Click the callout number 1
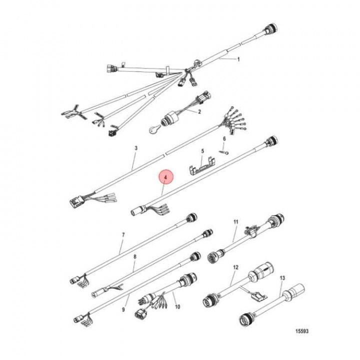pyautogui.click(x=238, y=59)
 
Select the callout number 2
pyautogui.click(x=199, y=111)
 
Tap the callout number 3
pyautogui.click(x=135, y=148)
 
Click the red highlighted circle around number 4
pyautogui.click(x=165, y=178)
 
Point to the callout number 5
pyautogui.click(x=202, y=150)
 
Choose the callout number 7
pyautogui.click(x=123, y=234)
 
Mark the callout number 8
pyautogui.click(x=134, y=256)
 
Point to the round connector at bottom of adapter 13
pyautogui.click(x=246, y=318)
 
